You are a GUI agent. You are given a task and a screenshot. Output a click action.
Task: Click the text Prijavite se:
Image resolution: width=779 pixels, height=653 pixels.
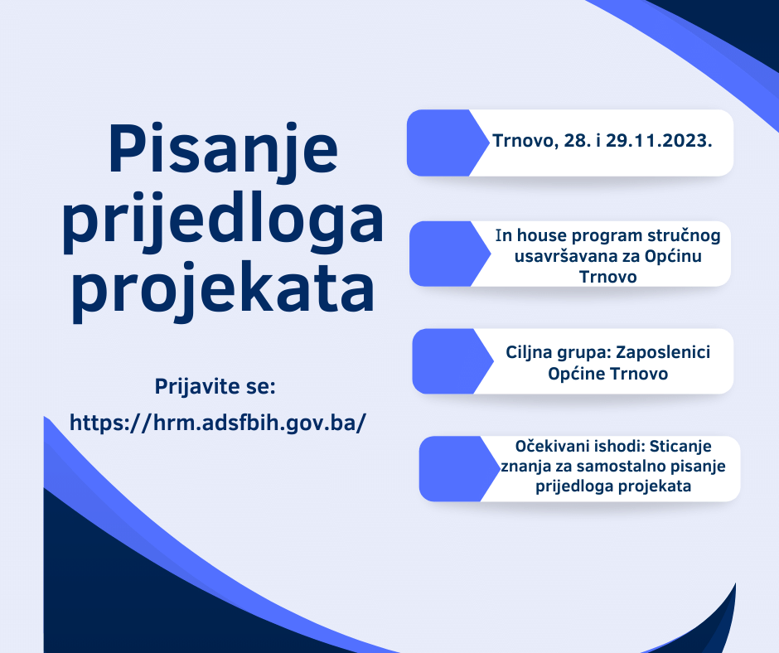pos(215,387)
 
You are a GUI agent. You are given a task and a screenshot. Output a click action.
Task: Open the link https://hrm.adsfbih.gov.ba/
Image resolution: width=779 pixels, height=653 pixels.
pos(218,422)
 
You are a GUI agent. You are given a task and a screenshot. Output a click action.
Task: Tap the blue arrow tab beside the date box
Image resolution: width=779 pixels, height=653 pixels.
pos(443,143)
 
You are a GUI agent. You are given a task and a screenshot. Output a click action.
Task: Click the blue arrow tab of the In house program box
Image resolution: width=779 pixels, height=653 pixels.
pos(446,254)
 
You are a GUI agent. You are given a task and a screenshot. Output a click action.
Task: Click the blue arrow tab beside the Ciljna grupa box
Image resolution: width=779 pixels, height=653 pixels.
pos(448,361)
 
